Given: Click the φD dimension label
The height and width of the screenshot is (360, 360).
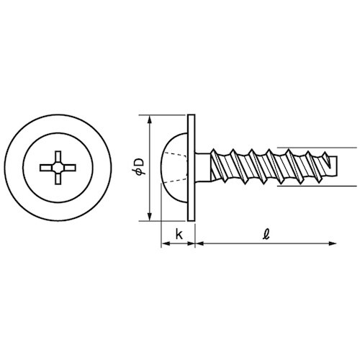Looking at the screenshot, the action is [138, 166].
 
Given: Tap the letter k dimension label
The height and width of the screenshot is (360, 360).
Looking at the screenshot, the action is [179, 234].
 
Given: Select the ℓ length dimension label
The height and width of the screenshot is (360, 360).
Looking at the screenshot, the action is [266, 234].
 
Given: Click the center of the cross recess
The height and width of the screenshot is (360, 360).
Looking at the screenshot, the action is [58, 168].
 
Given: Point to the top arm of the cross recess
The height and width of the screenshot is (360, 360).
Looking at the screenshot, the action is [58, 157].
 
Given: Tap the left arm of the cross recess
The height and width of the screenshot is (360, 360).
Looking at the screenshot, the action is [47, 168].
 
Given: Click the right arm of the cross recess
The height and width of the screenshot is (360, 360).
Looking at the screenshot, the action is [69, 168].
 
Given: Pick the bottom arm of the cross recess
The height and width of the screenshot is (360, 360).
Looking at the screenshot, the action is [58, 179].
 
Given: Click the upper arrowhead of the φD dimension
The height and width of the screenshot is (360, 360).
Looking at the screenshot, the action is [150, 120].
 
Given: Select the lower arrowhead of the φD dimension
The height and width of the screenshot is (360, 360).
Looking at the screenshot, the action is [150, 216].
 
